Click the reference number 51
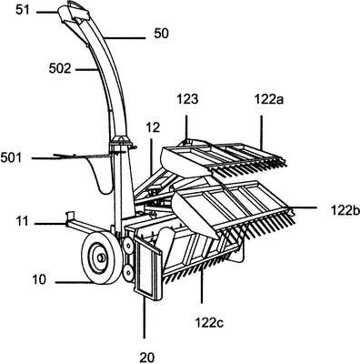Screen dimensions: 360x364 tap(24, 10)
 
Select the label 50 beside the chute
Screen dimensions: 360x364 tap(161, 34)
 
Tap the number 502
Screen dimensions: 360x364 tap(60, 69)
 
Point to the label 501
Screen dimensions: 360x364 tap(11, 157)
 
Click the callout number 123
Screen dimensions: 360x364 tap(187, 99)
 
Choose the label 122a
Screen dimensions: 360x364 tap(269, 99)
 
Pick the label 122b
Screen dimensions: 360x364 tap(345, 210)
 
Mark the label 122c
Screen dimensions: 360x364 tap(209, 323)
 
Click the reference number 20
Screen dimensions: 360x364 tap(147, 358)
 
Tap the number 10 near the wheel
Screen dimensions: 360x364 tap(39, 279)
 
